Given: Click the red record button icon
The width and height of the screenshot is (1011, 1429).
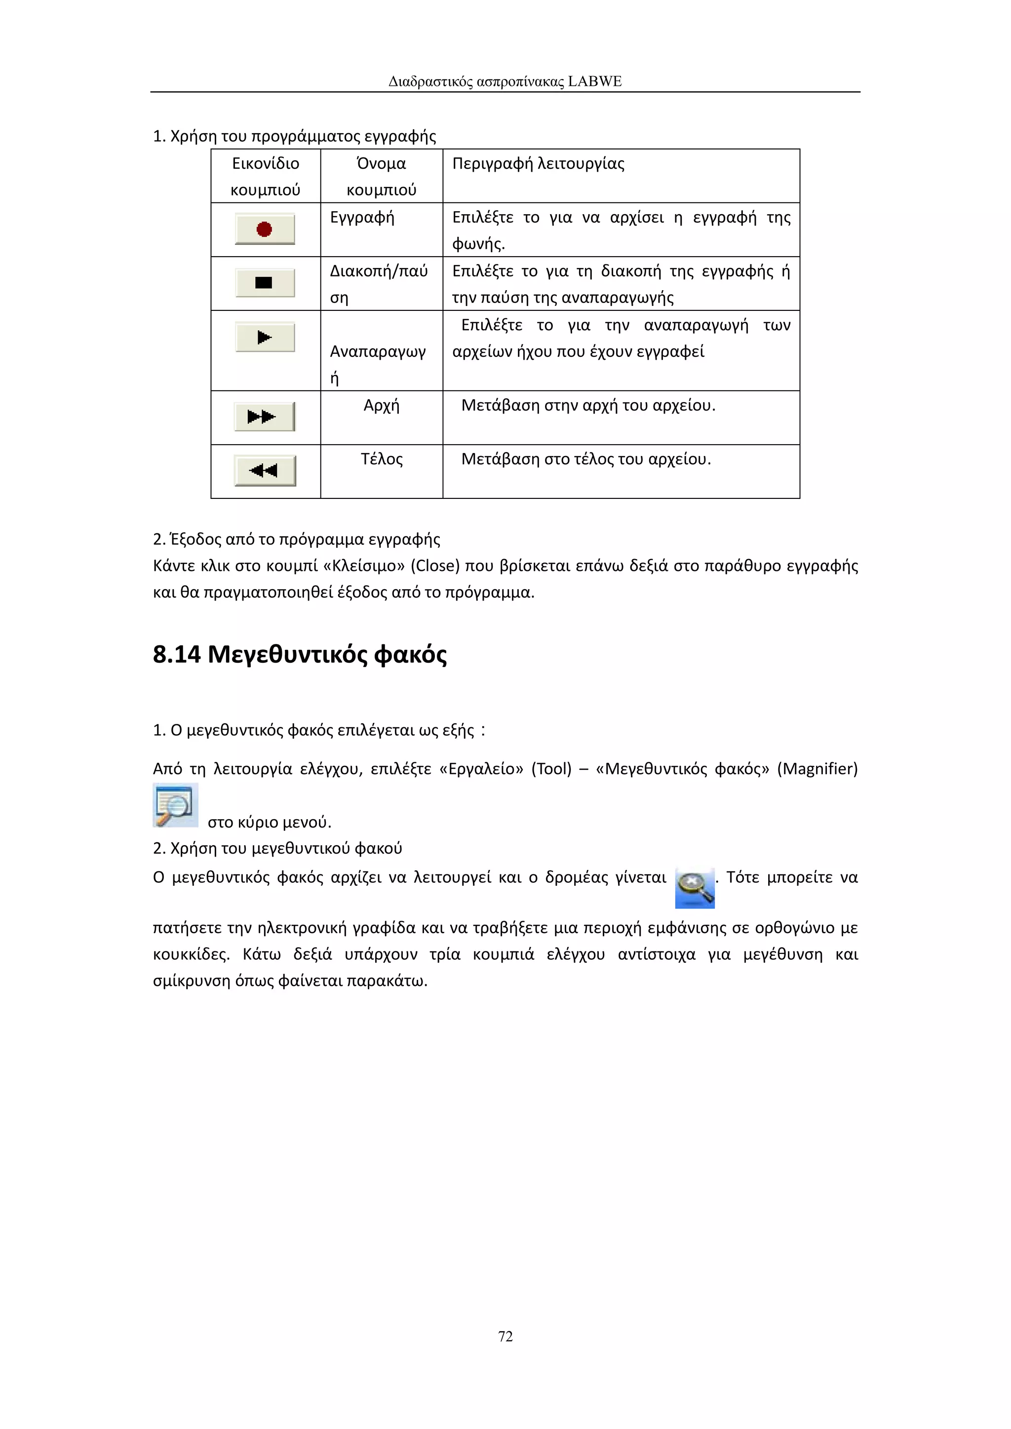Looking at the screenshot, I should tap(265, 229).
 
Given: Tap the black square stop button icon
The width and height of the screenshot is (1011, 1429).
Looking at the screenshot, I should tap(265, 283).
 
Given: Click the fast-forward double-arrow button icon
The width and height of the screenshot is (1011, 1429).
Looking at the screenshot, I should tap(265, 416).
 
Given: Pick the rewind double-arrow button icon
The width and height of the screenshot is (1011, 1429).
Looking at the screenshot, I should tap(265, 471).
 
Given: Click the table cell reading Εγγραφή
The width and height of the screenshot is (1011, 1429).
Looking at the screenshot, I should tap(362, 217).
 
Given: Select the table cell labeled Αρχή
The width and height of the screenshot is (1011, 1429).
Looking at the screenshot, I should tap(381, 406).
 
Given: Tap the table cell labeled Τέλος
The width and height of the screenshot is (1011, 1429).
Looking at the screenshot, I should tap(381, 459).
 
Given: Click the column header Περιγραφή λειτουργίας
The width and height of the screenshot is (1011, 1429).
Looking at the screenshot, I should tap(538, 164).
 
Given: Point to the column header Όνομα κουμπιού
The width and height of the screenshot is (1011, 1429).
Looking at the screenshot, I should tap(381, 176).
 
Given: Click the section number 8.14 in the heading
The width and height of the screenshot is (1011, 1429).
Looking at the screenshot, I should tap(177, 655).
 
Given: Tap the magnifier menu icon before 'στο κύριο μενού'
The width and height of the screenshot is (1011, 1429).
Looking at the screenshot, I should tap(176, 805).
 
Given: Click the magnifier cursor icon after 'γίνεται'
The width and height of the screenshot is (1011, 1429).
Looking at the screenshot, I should tap(695, 888).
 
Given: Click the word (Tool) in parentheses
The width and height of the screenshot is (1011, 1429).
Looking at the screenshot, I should tap(551, 769).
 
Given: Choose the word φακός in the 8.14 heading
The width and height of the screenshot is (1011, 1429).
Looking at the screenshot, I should tap(410, 655).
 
